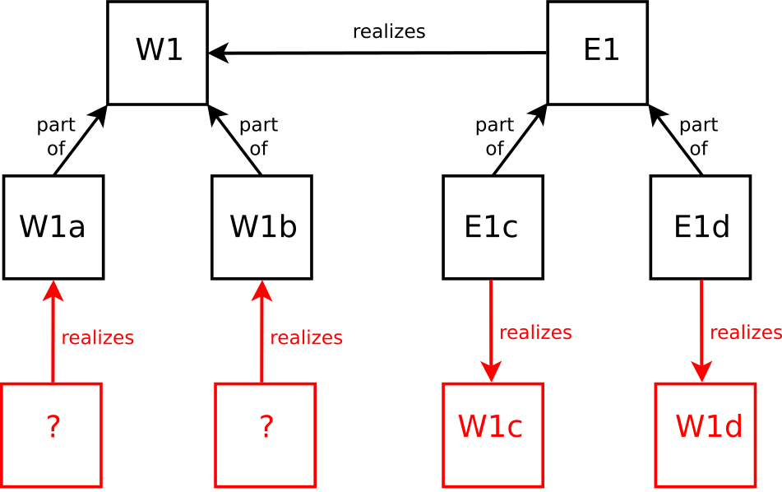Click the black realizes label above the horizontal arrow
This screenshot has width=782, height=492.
pos(389,31)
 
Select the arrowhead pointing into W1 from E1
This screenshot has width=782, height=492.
pos(219,53)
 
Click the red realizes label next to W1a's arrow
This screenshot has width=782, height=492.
pos(98,338)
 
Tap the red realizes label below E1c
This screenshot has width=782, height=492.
pos(535,332)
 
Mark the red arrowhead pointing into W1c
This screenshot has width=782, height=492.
pos(491,372)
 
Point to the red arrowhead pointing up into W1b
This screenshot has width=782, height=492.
pos(261,290)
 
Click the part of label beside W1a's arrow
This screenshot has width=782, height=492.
pos(56,137)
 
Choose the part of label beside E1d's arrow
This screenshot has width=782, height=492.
pos(699,137)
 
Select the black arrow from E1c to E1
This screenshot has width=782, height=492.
pos(521,140)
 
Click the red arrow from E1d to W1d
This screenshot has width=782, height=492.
pos(701,331)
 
